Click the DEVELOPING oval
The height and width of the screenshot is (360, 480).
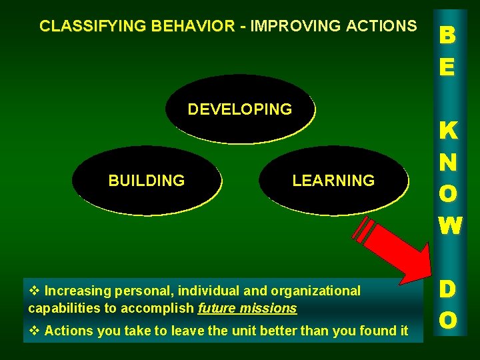tap(240, 109)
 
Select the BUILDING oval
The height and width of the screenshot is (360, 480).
tap(147, 180)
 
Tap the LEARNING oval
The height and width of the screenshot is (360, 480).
tap(333, 180)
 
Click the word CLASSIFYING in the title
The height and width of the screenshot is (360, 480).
tap(93, 27)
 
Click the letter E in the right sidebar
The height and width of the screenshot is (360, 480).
tap(447, 67)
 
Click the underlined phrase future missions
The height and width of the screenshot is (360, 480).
tap(247, 309)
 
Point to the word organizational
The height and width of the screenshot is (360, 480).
tap(317, 291)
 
